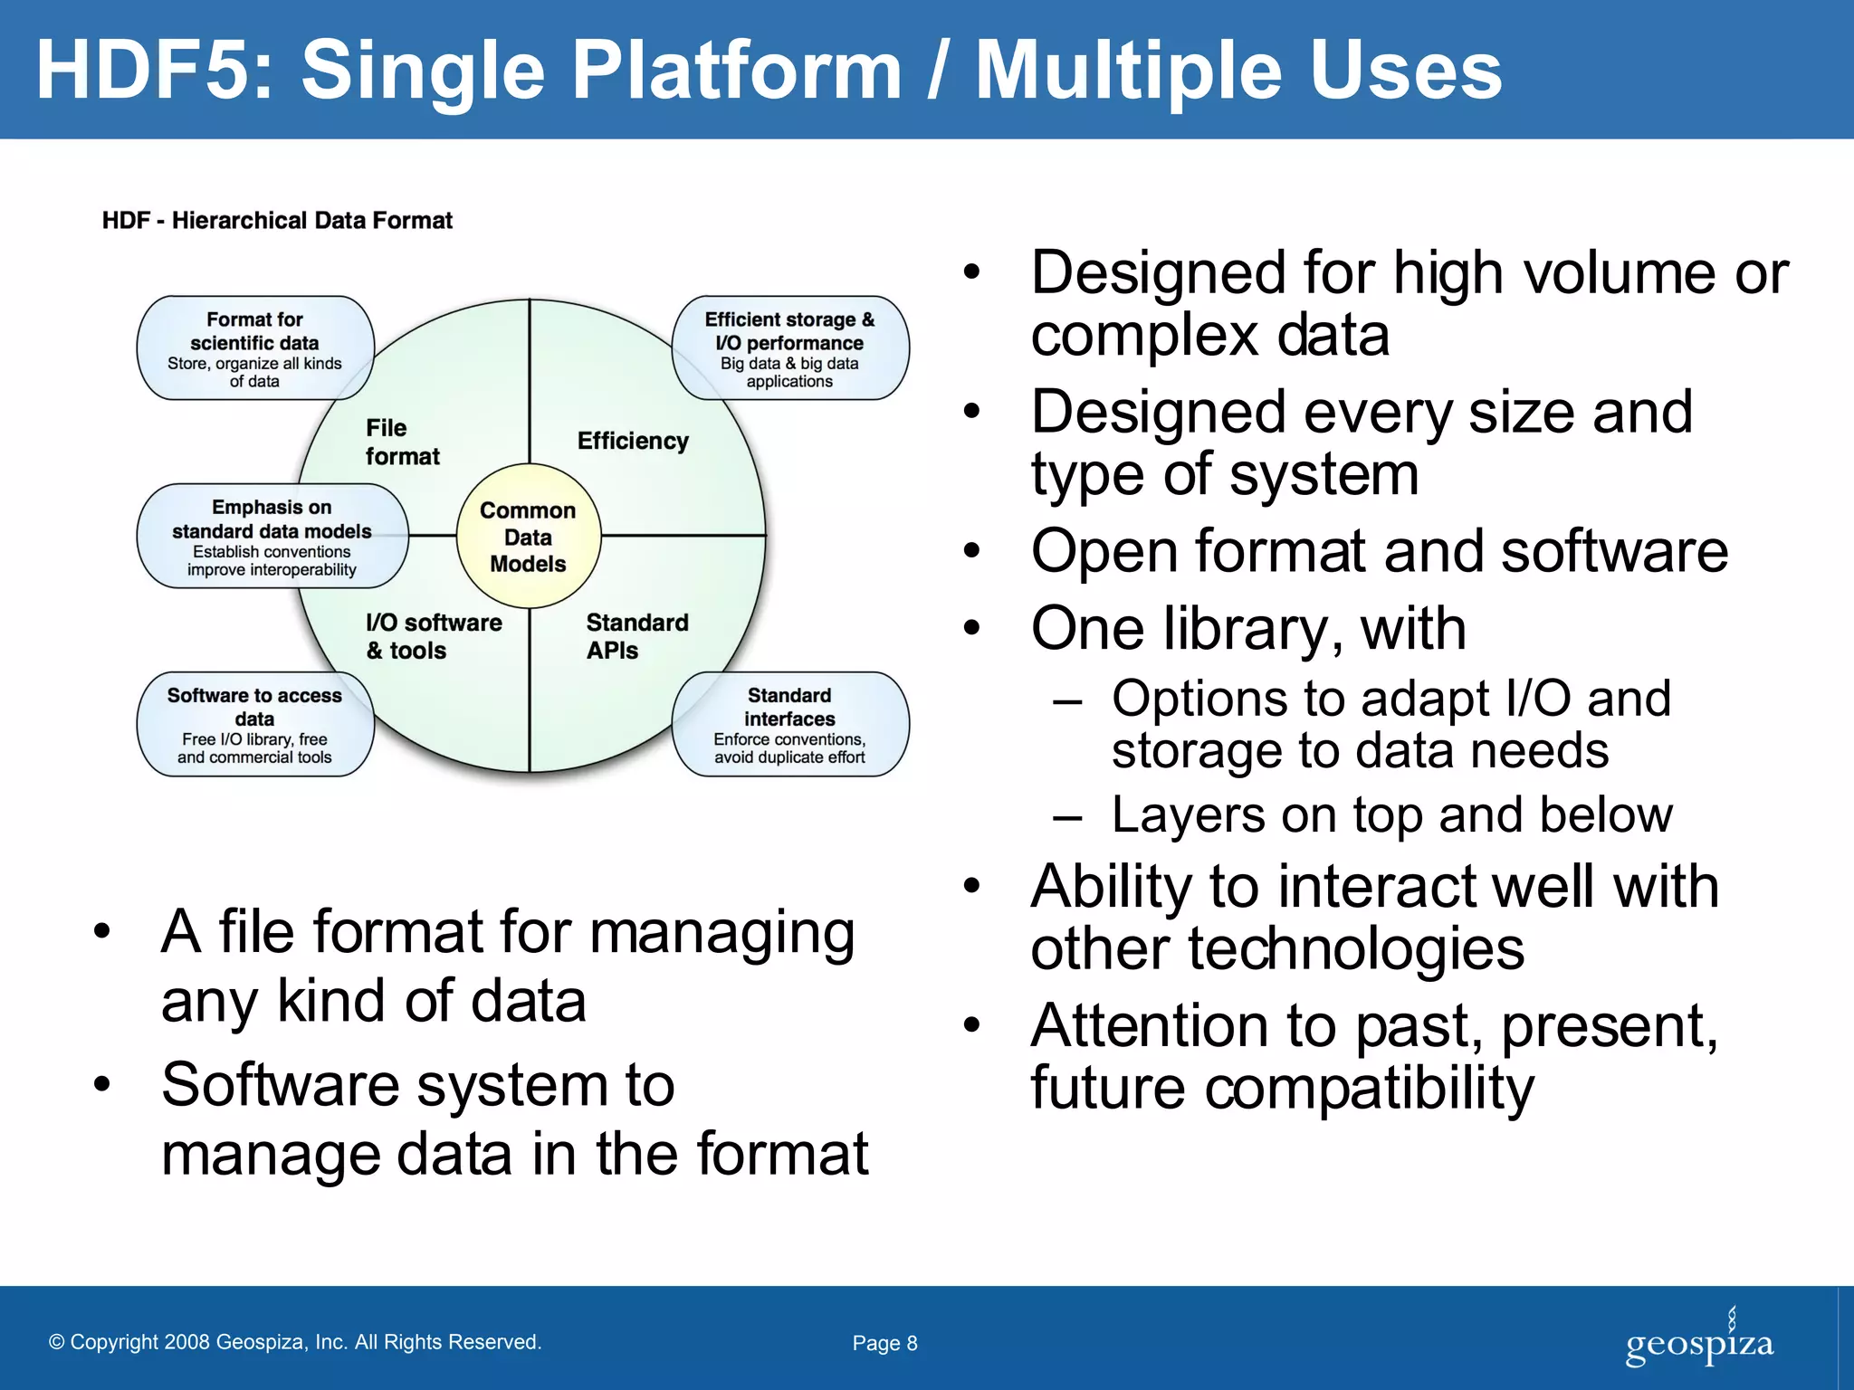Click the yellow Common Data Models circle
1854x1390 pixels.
coord(529,537)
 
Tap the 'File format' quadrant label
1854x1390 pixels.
coord(402,442)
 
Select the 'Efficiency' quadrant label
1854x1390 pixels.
coord(633,441)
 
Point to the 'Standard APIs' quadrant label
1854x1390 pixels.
coord(636,636)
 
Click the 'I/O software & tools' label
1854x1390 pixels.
coord(434,636)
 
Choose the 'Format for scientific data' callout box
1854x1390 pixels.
coord(254,348)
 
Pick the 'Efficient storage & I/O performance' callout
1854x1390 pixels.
coord(789,348)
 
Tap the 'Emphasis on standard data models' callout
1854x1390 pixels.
coord(272,537)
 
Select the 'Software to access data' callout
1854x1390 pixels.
coord(254,725)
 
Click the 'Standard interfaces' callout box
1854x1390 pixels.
coord(789,725)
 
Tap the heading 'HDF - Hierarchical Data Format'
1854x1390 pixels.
coord(277,221)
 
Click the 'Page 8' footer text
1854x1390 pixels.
coord(884,1343)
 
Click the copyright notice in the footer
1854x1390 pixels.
coord(295,1342)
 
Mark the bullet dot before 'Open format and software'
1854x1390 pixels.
coord(971,550)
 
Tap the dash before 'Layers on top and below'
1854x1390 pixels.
coord(1068,817)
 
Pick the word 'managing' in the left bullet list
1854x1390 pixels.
coord(722,934)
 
